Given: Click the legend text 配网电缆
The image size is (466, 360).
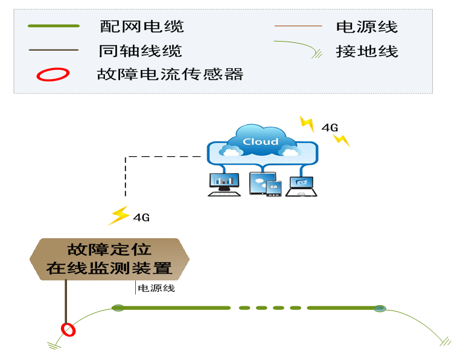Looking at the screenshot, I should tap(141, 27).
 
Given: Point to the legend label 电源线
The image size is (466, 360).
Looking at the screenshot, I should tap(367, 27).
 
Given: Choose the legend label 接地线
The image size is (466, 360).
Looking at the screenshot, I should tap(367, 51).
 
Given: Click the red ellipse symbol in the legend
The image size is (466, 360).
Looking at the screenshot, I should tap(53, 75).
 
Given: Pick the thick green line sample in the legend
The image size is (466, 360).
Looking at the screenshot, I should tap(53, 26).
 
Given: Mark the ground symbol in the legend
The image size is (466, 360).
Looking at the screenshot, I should tap(316, 54).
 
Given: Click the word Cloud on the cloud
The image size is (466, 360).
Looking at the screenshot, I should tap(260, 142).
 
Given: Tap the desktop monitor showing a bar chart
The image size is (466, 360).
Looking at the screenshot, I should tap(223, 182).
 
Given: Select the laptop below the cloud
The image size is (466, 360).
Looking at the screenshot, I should tap(301, 185).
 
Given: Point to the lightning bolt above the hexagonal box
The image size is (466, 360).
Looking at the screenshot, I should tap(118, 215).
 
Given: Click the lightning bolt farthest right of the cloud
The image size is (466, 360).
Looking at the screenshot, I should tap(341, 140).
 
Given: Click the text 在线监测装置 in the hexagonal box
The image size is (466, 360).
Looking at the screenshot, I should tap(109, 268).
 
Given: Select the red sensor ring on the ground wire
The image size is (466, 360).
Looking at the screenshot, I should tap(68, 329).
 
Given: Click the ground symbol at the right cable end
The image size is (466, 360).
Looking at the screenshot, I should tap(445, 341).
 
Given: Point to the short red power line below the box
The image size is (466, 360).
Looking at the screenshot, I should tap(135, 288).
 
